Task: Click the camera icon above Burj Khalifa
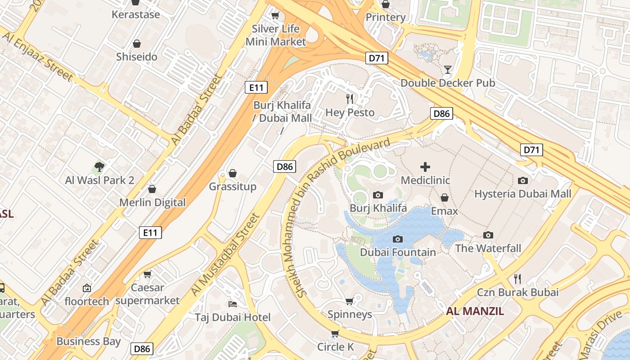click(x=378, y=195)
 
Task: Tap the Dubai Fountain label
click(x=398, y=252)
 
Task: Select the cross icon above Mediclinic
click(x=425, y=167)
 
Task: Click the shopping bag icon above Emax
click(x=445, y=198)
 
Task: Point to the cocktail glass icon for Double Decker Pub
click(x=448, y=69)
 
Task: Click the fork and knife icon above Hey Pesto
click(x=350, y=99)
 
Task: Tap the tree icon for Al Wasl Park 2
click(x=99, y=167)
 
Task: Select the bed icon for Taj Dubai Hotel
click(x=233, y=304)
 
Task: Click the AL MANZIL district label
click(x=475, y=311)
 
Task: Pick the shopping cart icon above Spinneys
click(x=350, y=301)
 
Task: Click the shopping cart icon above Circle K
click(x=335, y=333)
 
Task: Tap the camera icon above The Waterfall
click(x=488, y=235)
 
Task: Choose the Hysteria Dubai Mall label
click(x=522, y=194)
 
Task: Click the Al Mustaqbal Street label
click(x=226, y=255)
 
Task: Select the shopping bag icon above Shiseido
click(x=136, y=44)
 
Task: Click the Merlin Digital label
click(x=152, y=202)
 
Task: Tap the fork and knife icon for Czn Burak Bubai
click(x=517, y=279)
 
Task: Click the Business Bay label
click(x=89, y=342)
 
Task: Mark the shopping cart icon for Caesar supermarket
click(x=147, y=274)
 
